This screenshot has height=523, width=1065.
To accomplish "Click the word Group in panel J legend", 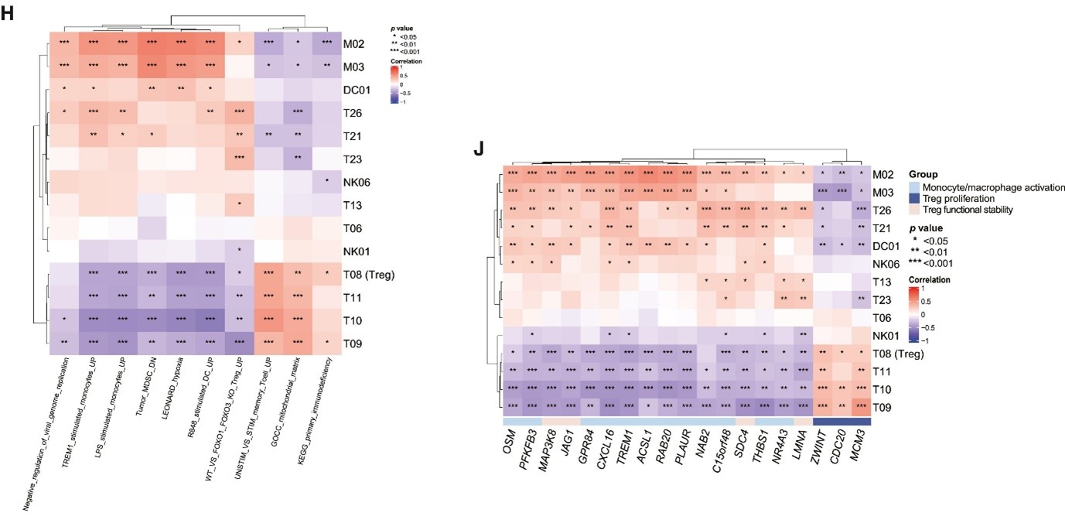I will pyautogui.click(x=923, y=175).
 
